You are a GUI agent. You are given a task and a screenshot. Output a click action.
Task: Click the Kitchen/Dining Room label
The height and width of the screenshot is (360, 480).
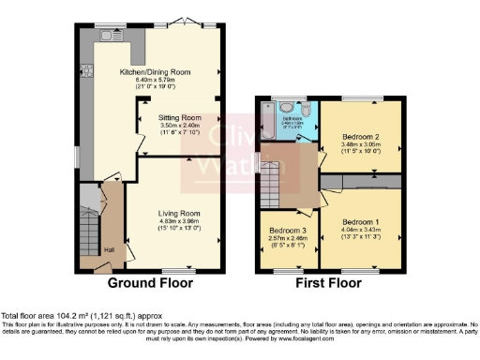click(x=155, y=72)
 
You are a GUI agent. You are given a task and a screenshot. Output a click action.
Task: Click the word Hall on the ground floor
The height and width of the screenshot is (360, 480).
click(x=110, y=249)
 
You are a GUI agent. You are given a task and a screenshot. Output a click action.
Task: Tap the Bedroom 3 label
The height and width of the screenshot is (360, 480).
click(x=288, y=231)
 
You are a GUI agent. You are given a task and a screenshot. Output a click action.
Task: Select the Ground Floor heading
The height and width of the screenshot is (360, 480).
click(x=150, y=282)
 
